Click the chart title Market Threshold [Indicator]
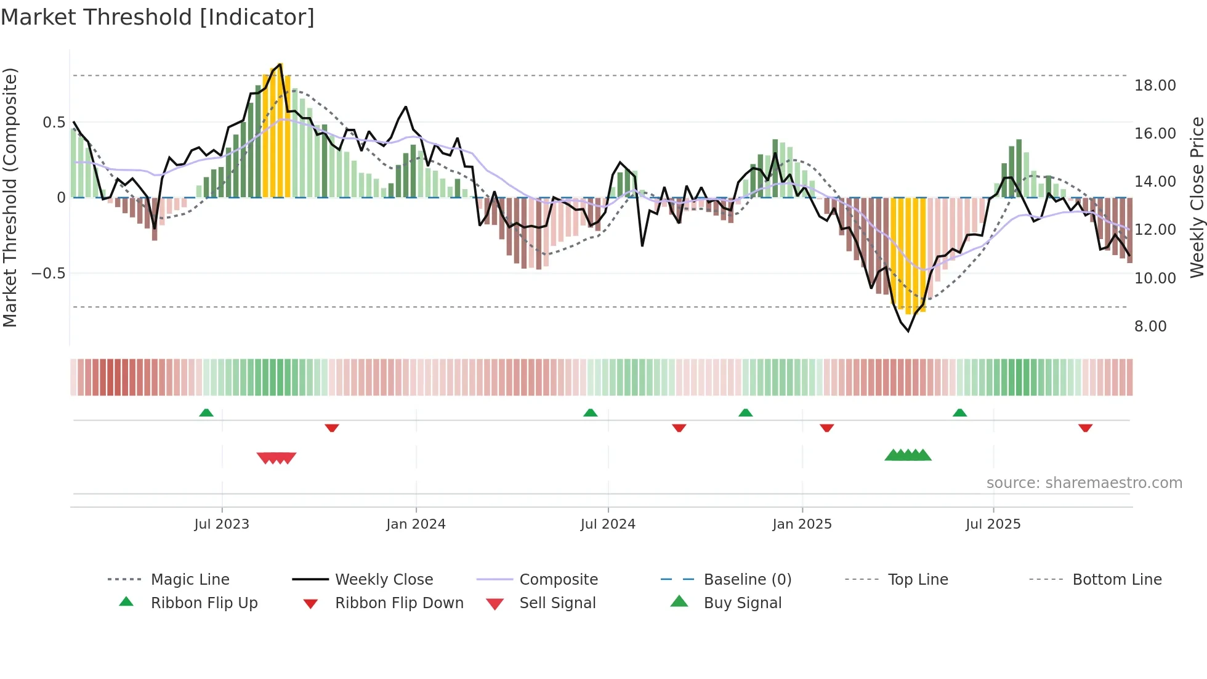pos(158,17)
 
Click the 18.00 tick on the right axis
pos(1155,85)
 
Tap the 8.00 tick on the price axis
pos(1150,326)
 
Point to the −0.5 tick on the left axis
pos(48,273)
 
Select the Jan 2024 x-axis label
pos(416,524)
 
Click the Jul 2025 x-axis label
pos(993,524)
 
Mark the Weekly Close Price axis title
pos(1197,197)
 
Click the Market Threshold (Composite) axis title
pos(10,197)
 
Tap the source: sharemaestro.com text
pos(1084,482)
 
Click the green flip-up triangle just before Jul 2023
pos(206,413)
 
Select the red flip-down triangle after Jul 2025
pos(1085,428)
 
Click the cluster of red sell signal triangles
pos(277,458)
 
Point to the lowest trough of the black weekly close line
pos(908,331)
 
